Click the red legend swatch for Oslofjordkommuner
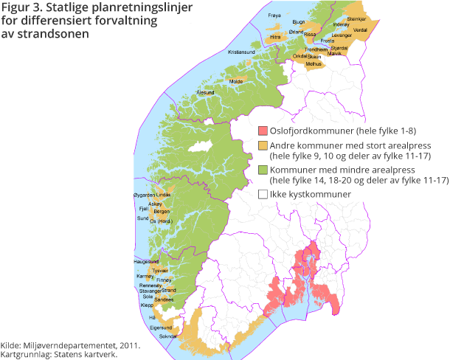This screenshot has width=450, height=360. (x=262, y=131)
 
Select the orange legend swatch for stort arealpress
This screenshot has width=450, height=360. (x=262, y=146)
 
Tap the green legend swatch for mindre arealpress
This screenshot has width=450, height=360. (x=262, y=170)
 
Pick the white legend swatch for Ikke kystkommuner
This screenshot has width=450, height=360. (x=262, y=194)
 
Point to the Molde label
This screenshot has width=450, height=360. (x=236, y=81)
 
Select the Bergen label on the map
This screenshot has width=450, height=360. (x=162, y=210)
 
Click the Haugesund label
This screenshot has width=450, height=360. (x=146, y=261)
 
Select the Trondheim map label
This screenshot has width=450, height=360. (x=316, y=50)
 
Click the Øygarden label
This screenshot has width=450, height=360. (x=142, y=195)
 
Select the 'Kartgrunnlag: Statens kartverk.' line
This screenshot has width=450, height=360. (x=59, y=354)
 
